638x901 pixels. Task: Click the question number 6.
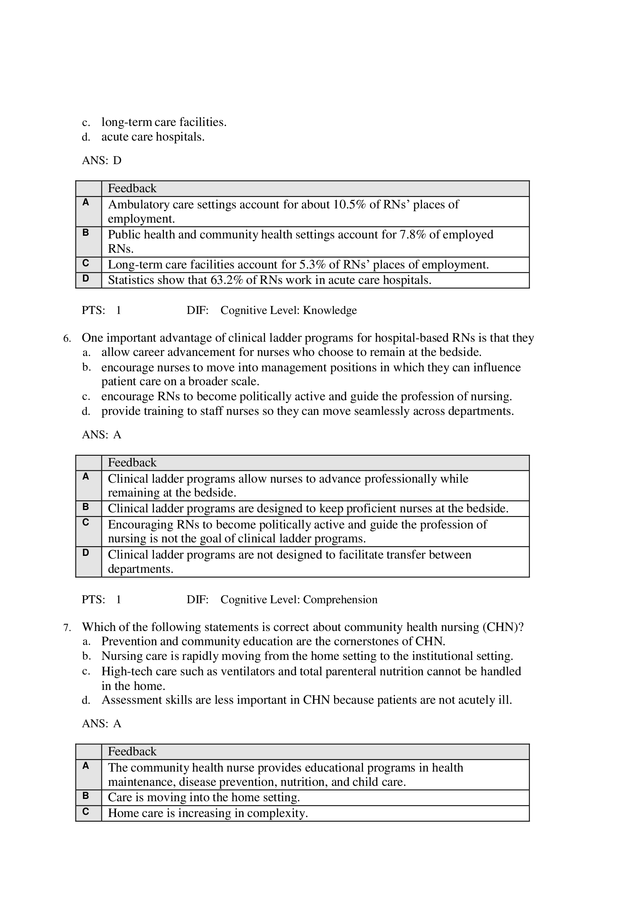66,339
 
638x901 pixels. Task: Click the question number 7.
66,628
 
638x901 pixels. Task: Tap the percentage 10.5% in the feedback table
349,205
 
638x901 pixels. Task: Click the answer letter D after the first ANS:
117,161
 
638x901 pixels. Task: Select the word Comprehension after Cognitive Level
340,600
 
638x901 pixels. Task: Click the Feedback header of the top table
132,189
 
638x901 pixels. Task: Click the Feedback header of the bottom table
132,752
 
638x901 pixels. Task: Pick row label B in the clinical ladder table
86,507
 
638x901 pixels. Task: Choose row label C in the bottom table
86,812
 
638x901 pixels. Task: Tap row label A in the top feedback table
86,203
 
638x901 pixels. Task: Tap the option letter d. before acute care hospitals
86,138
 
